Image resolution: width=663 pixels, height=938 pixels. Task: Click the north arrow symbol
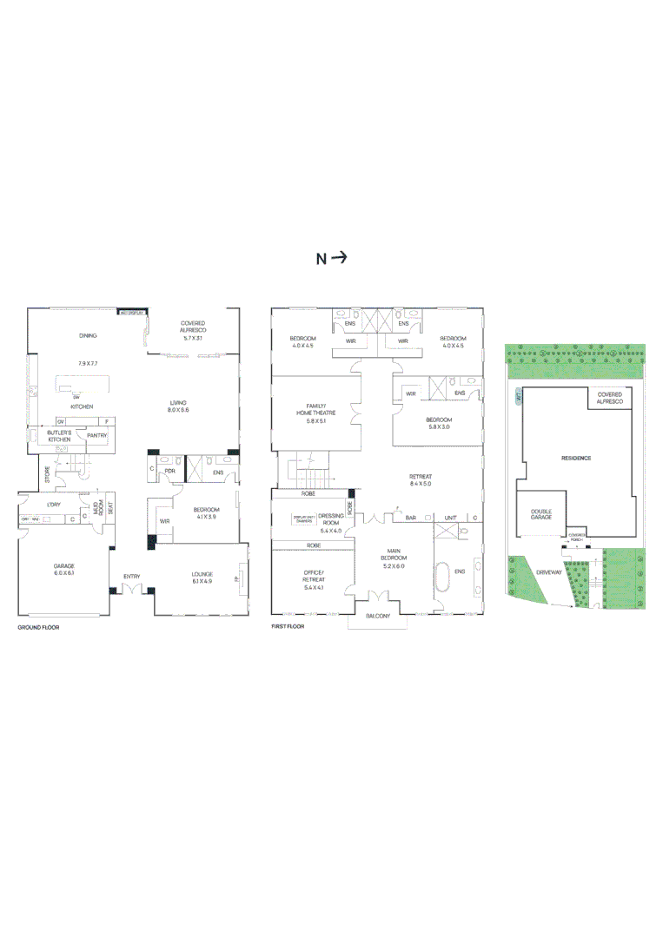click(340, 258)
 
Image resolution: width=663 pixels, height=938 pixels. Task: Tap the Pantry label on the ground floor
click(96, 436)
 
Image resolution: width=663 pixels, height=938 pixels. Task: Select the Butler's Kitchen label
click(59, 437)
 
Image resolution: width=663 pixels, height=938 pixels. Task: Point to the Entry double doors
click(132, 589)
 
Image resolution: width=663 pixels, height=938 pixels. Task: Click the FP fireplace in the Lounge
click(237, 578)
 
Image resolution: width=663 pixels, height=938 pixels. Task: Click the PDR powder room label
click(170, 472)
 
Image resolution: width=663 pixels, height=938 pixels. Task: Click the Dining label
click(88, 336)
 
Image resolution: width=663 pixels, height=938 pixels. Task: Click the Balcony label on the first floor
click(378, 616)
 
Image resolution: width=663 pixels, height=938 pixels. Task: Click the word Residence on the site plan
click(576, 458)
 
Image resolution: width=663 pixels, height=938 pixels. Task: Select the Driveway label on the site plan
click(549, 573)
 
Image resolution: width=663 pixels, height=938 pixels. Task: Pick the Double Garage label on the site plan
click(541, 514)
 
